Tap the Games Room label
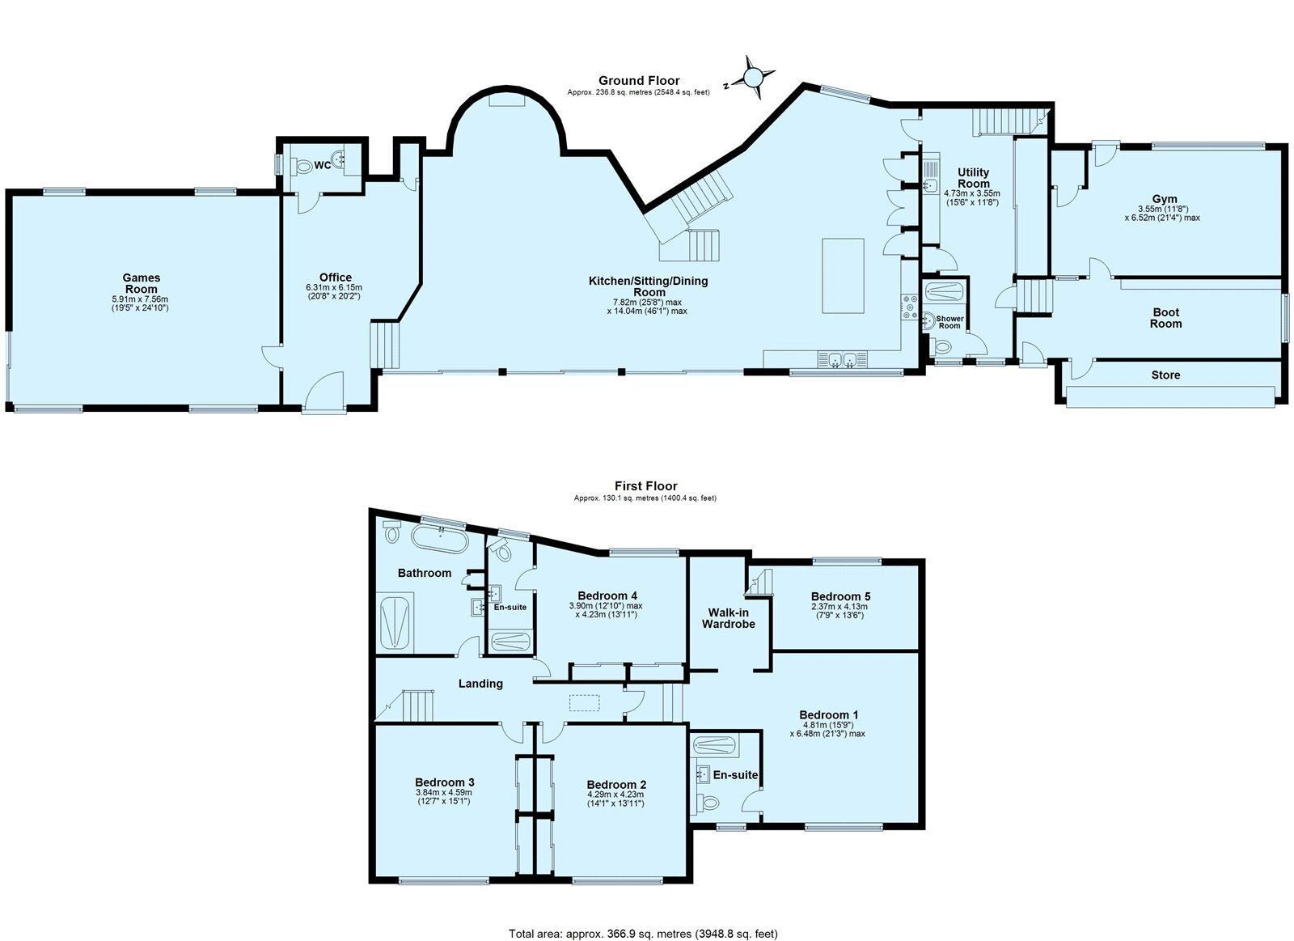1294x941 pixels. pos(142,283)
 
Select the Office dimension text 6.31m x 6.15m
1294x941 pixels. pos(334,287)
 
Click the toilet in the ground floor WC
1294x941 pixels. pos(302,166)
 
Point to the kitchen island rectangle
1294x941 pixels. pos(843,276)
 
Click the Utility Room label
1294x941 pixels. pos(974,178)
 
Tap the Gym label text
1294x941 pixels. pos(1165,199)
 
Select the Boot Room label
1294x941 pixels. pos(1165,318)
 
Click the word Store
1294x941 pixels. pos(1165,375)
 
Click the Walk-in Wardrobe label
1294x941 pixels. pos(729,618)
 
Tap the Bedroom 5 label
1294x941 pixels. pos(840,596)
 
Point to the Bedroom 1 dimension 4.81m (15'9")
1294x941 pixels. pos(828,725)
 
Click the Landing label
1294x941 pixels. pos(480,683)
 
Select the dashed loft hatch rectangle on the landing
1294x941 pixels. pos(585,702)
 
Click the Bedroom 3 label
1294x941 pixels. pos(444,782)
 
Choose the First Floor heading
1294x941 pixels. pos(646,486)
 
